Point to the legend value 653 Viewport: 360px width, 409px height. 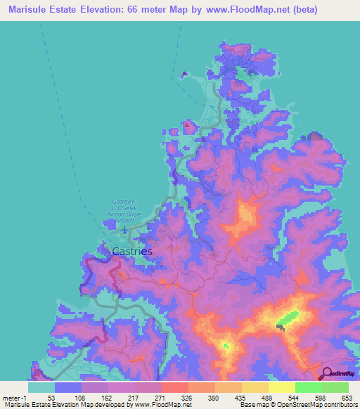346,398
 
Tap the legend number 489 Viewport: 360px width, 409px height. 266,398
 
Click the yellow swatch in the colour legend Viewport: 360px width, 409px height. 281,387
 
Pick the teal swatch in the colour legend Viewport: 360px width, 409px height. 41,387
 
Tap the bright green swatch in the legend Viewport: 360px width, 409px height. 308,387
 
